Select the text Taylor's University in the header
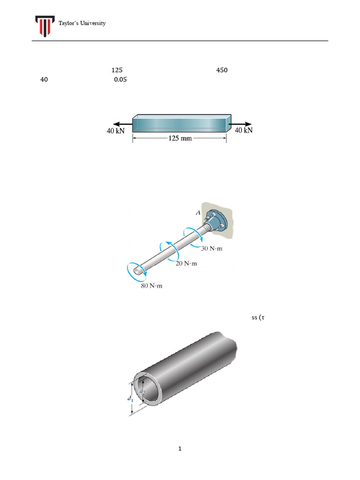coord(82,23)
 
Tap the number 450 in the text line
coord(222,70)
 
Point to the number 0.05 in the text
coord(120,80)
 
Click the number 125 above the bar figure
coord(117,70)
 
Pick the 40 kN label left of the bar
coord(115,131)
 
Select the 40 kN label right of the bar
coord(243,130)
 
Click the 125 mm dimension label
coord(180,139)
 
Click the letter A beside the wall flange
coord(198,213)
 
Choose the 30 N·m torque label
coord(211,248)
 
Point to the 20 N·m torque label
coord(186,264)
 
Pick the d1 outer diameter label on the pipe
coord(129,398)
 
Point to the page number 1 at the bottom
coord(180,449)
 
